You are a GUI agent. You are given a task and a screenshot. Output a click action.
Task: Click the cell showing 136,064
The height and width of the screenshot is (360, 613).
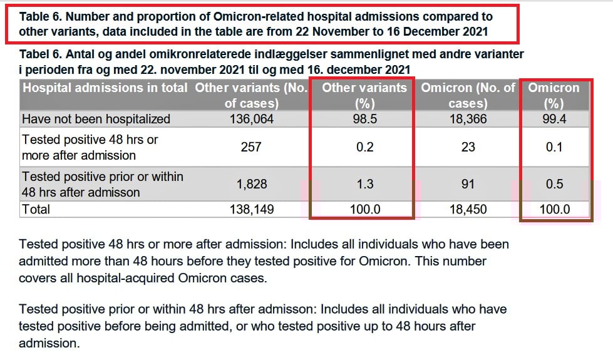coord(251,119)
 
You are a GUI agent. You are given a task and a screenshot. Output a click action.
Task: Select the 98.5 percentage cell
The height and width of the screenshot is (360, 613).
coord(364,119)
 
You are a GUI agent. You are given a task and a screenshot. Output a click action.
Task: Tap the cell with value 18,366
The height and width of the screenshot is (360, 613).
coord(468,119)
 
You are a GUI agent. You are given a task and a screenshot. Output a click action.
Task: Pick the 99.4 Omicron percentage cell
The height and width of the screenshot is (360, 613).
coord(554,119)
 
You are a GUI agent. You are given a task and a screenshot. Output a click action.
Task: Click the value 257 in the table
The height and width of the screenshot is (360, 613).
coord(251,147)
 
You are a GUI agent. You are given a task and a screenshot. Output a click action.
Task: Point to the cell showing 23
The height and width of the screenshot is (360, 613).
coord(468,147)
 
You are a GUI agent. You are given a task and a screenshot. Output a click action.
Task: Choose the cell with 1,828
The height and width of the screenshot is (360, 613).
coord(251,184)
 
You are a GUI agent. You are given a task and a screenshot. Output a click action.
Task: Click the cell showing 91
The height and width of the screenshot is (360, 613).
coord(468,184)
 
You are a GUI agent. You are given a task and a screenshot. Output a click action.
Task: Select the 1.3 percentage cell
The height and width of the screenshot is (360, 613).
coord(364,184)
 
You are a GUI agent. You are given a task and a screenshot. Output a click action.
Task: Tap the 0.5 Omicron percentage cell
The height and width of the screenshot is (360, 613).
coord(554,184)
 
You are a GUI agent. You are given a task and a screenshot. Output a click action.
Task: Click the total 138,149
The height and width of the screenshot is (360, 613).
coord(251,209)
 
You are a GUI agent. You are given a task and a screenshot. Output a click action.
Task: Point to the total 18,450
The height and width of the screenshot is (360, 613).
coord(468,209)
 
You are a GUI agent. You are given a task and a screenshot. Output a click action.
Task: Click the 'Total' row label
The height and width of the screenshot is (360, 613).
coord(36,209)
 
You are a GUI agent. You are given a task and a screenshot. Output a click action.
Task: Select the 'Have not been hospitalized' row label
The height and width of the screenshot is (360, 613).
coord(96,119)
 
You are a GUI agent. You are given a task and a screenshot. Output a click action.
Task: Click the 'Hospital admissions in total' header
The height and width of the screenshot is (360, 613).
coord(105,88)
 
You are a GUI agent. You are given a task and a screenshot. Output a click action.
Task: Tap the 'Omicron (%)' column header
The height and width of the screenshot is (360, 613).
coord(554,95)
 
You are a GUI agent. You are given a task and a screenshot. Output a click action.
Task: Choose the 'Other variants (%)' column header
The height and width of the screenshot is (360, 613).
coord(364,95)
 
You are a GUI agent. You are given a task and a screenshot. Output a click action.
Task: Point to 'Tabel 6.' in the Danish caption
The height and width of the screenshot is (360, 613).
coord(42,54)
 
